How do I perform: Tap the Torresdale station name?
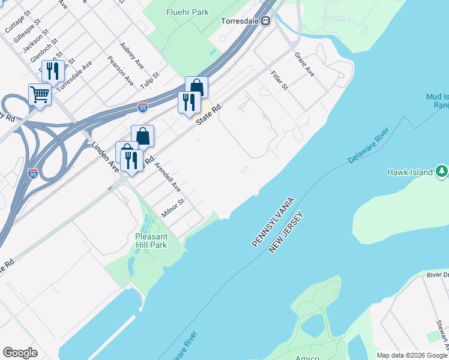coord(240,20)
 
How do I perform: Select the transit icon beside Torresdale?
coord(265,20)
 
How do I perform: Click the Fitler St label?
coord(279,79)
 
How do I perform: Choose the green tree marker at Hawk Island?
coord(442,172)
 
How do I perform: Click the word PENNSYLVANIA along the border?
coord(273,221)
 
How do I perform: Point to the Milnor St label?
coord(172,206)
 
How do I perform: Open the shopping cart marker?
coord(40,94)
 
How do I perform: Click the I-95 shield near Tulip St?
coord(142,107)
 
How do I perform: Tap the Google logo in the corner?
coord(20,353)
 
